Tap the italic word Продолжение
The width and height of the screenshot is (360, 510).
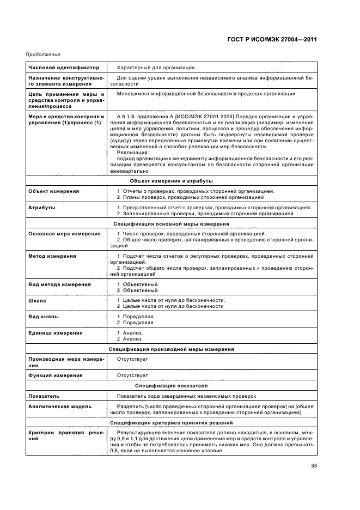click(x=42, y=54)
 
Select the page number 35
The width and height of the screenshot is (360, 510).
click(x=314, y=465)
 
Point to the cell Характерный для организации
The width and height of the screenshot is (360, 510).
click(x=156, y=68)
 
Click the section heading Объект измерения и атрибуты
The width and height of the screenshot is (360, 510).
click(x=172, y=180)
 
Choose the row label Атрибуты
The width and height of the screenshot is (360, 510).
click(x=41, y=208)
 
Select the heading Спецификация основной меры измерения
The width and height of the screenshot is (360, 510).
click(x=172, y=223)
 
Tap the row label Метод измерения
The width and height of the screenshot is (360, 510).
click(x=52, y=256)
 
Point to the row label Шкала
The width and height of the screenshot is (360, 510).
click(x=37, y=300)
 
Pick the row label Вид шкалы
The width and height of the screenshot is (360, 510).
click(x=44, y=317)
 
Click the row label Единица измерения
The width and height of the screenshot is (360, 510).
click(x=56, y=332)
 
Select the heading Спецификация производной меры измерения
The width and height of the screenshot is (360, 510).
click(x=172, y=349)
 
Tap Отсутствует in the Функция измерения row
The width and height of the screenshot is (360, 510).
click(x=132, y=375)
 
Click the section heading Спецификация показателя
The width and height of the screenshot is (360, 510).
click(x=172, y=385)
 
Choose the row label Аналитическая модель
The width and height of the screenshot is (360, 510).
click(x=60, y=406)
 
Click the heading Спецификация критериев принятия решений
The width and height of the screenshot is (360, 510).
click(x=172, y=422)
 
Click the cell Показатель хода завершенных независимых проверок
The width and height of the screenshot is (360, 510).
click(x=186, y=396)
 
